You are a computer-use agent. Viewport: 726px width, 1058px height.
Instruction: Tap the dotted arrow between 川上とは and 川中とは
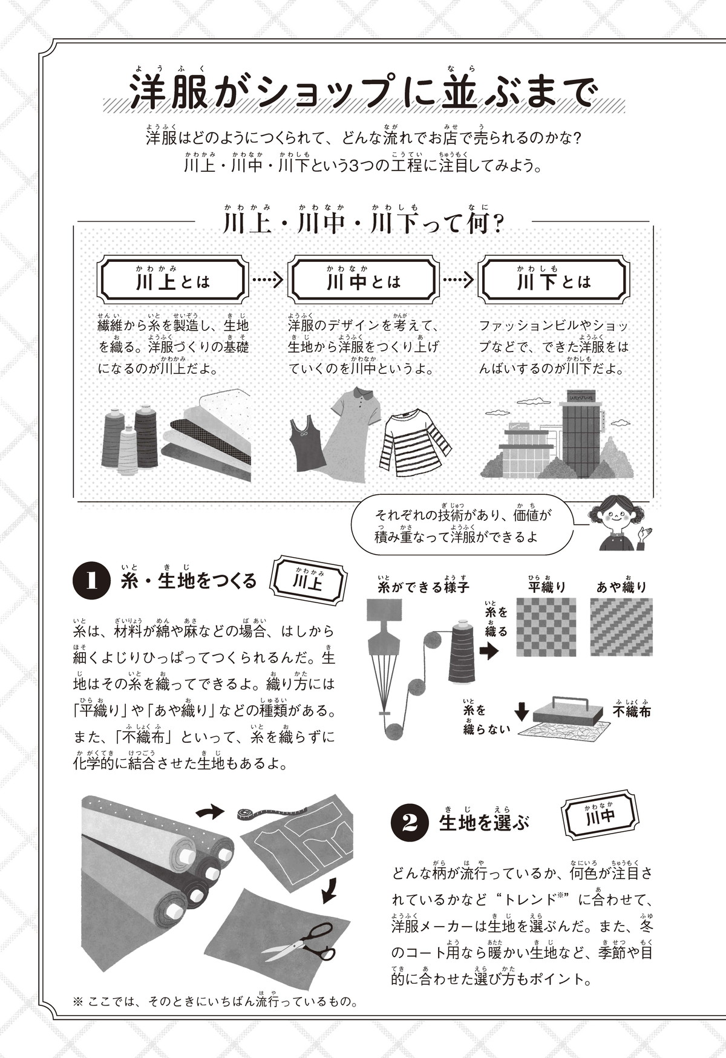(x=267, y=280)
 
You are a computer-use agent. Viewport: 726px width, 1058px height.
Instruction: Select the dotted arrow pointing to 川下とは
(x=458, y=280)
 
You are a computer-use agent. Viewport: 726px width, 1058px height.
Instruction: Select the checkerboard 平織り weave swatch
(x=546, y=627)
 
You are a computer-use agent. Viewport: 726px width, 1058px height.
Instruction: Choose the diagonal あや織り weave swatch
(x=622, y=627)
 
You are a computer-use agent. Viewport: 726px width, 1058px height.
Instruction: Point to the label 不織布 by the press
(x=632, y=711)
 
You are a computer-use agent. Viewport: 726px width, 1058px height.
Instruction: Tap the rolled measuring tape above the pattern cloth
(x=244, y=814)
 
